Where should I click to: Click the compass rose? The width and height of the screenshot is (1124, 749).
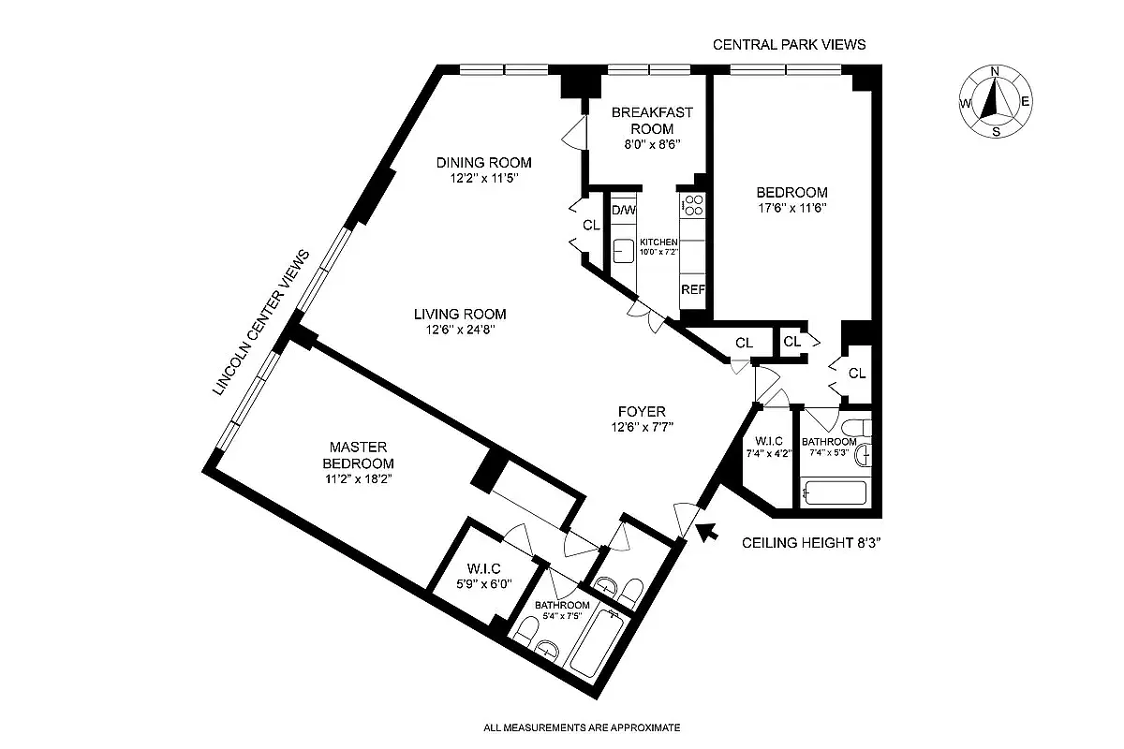click(x=995, y=101)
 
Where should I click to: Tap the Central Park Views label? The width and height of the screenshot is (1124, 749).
click(x=789, y=44)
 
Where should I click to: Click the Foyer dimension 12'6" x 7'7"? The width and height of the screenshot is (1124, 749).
click(x=642, y=427)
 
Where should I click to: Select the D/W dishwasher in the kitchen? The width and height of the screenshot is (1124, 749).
click(x=623, y=211)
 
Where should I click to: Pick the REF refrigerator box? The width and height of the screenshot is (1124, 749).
click(x=692, y=290)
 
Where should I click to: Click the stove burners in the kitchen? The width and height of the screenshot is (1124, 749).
click(x=693, y=205)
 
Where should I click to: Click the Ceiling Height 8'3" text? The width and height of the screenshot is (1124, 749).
click(x=811, y=542)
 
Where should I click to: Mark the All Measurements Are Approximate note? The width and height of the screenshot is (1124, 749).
click(x=581, y=727)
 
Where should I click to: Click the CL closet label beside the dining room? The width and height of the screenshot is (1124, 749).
click(x=590, y=225)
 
